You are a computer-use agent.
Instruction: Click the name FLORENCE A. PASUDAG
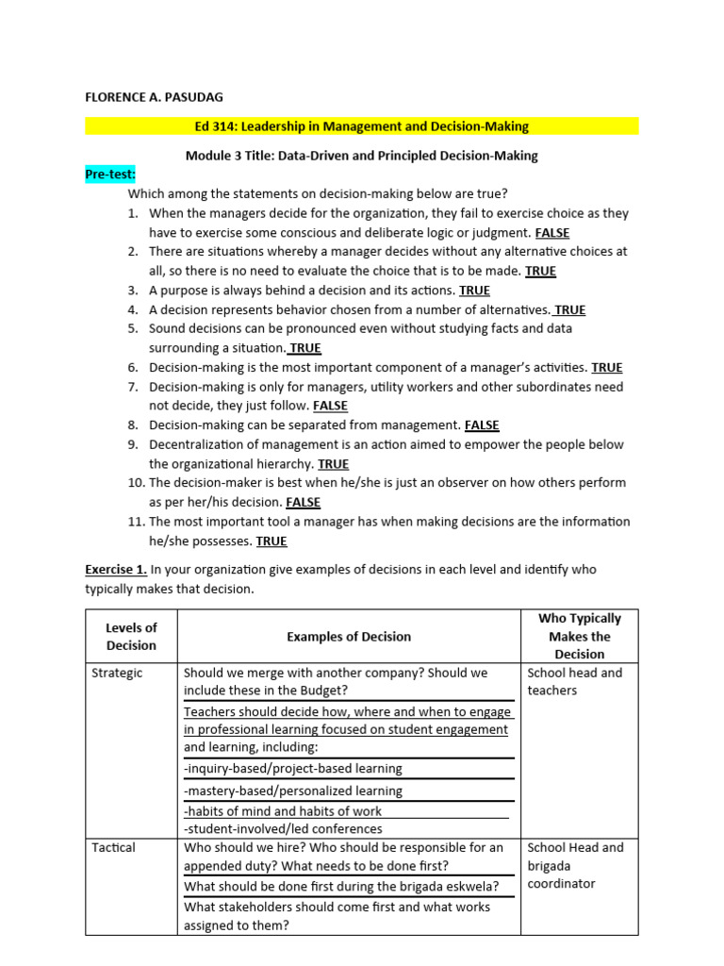point(155,97)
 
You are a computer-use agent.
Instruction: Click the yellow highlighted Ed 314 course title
point(361,126)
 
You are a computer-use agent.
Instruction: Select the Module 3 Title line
point(362,155)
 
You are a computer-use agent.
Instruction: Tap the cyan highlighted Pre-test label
point(111,175)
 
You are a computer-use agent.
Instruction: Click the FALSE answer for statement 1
point(551,233)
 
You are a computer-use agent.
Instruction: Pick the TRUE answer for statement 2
point(540,271)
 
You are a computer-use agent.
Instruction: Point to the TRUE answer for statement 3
point(474,291)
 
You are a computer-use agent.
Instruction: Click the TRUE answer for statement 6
point(606,368)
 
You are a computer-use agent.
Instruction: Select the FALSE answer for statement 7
point(330,406)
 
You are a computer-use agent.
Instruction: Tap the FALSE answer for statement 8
point(482,425)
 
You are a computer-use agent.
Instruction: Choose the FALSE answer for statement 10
point(303,502)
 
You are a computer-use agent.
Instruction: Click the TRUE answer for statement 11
point(271,541)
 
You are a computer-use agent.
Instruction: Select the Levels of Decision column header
point(131,637)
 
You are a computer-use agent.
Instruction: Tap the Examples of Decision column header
point(349,637)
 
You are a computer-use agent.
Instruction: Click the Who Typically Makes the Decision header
point(579,636)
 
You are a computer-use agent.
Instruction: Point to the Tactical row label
point(113,847)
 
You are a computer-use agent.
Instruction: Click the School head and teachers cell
point(574,681)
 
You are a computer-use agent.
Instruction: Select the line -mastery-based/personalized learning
point(293,791)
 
